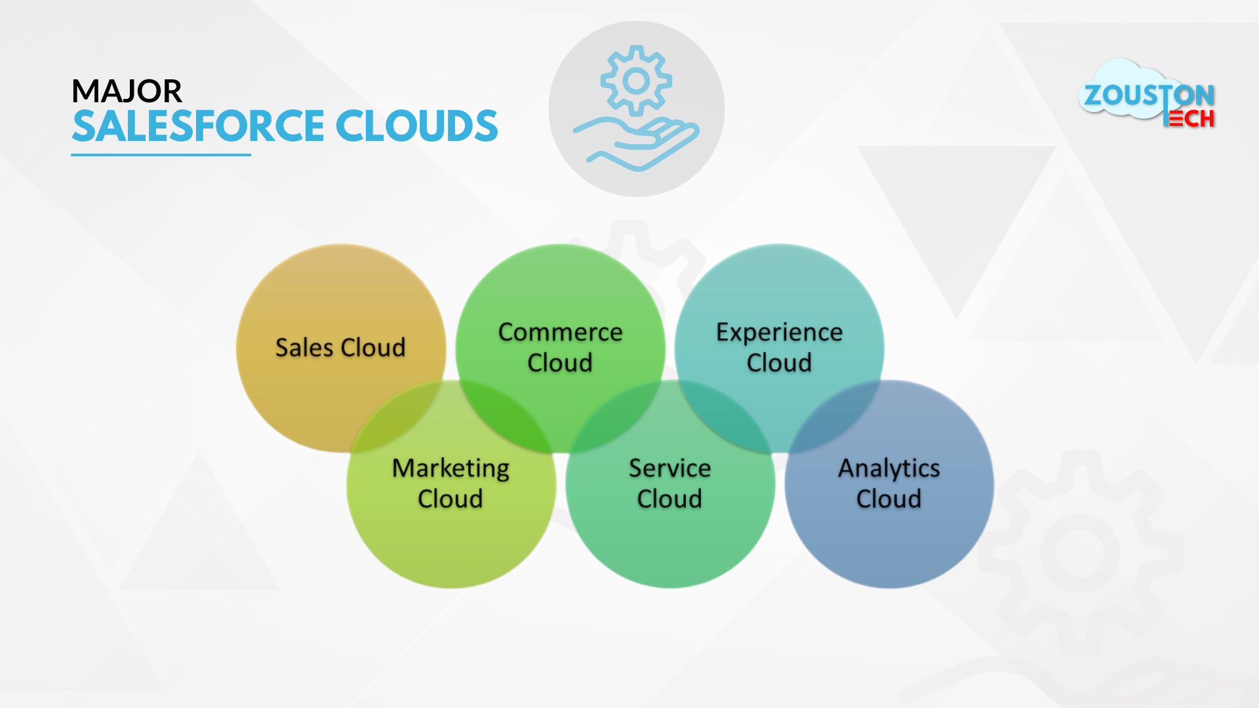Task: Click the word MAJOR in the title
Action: [x=127, y=91]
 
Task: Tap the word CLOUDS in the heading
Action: [x=417, y=126]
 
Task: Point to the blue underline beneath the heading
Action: [x=161, y=155]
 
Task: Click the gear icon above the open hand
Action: [x=636, y=81]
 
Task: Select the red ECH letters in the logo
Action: [x=1189, y=119]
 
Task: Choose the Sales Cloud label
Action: [x=340, y=347]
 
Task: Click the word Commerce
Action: [x=560, y=332]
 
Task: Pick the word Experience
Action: [x=779, y=333]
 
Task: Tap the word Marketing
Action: [x=450, y=469]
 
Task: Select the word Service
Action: [x=669, y=468]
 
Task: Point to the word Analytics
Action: [x=889, y=469]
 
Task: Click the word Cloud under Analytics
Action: [x=889, y=499]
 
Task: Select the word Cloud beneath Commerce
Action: [x=560, y=363]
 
